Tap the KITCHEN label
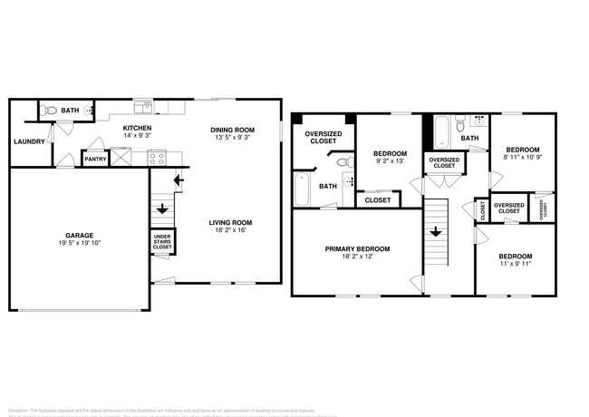click(x=137, y=129)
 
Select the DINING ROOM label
click(x=232, y=130)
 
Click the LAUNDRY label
click(x=29, y=141)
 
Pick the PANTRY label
click(x=95, y=160)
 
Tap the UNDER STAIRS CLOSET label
click(x=163, y=242)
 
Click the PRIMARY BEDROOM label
click(x=358, y=248)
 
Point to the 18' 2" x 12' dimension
click(x=358, y=257)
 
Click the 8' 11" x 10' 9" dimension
click(x=522, y=158)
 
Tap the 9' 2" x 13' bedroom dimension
click(x=390, y=162)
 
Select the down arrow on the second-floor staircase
click(x=435, y=233)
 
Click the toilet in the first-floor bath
click(x=52, y=111)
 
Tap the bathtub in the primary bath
click(x=302, y=189)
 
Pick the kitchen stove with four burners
click(x=156, y=158)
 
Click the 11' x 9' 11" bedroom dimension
click(x=515, y=265)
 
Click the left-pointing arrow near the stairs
click(x=179, y=179)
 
